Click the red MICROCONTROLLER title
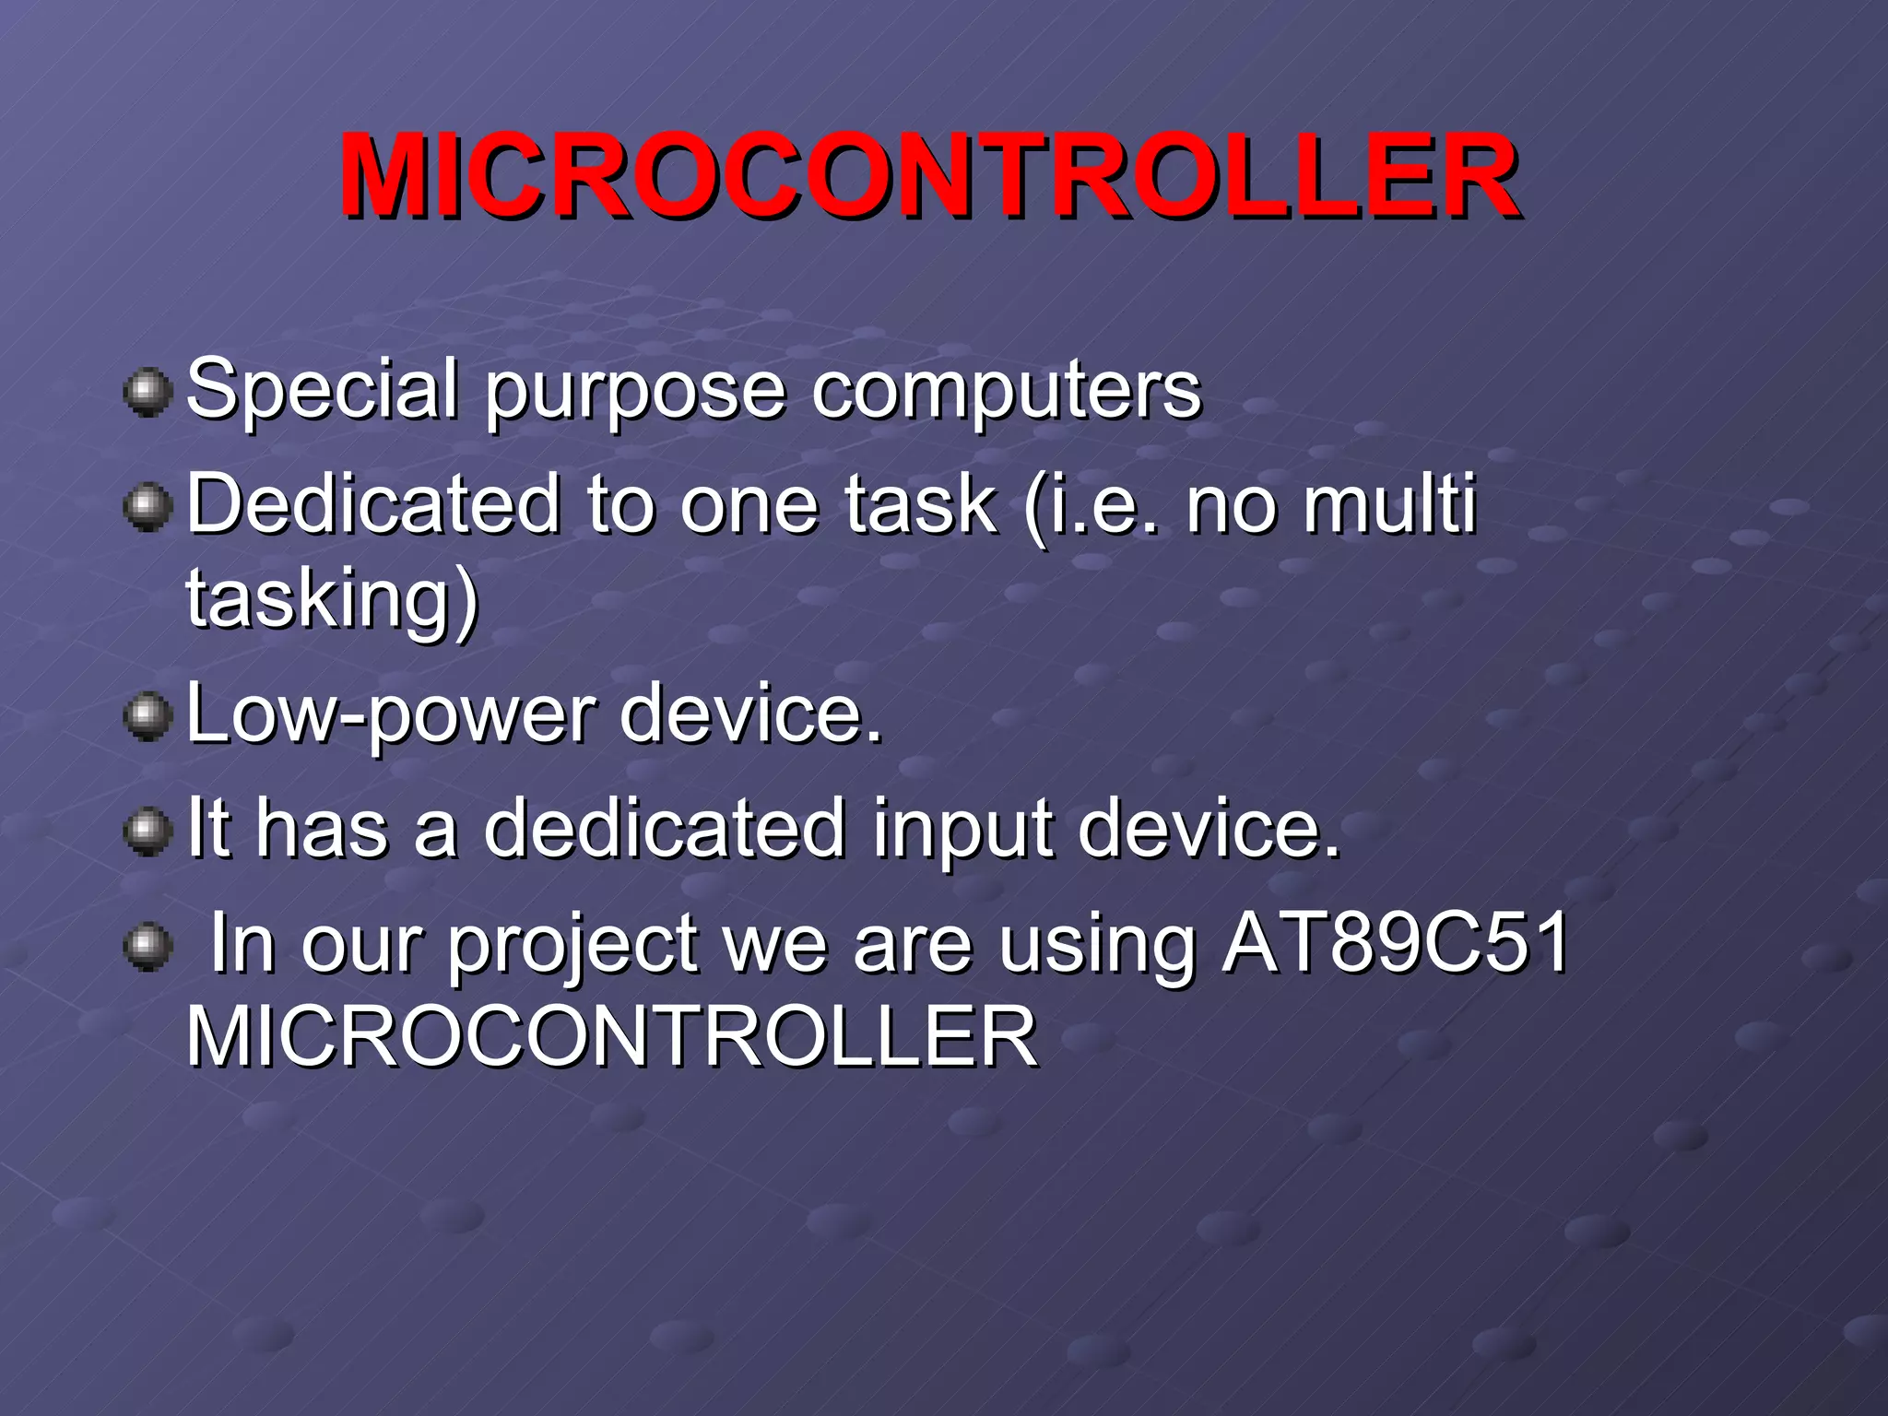(929, 177)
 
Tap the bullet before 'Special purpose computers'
(147, 394)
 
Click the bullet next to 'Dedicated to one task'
(147, 509)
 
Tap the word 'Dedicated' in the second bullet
(374, 504)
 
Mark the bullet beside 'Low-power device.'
(147, 719)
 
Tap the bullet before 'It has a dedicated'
(147, 832)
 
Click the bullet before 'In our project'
(147, 947)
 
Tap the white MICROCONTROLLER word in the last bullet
(612, 1038)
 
